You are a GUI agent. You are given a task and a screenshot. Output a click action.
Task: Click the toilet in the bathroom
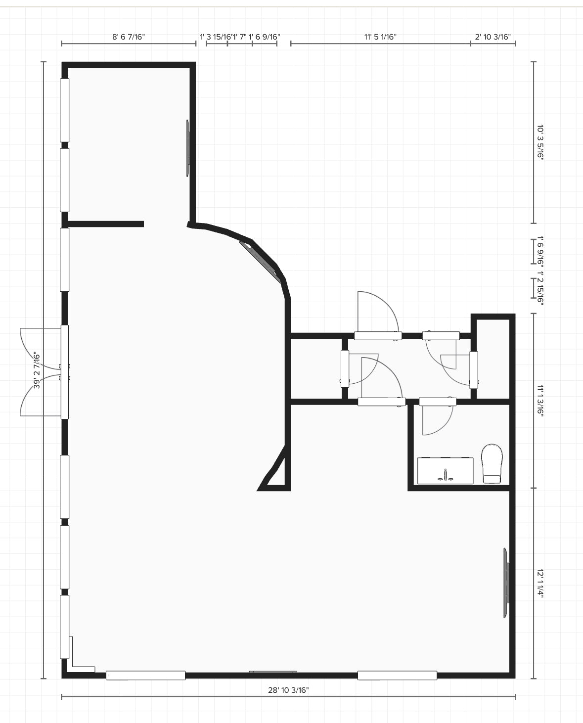tap(492, 464)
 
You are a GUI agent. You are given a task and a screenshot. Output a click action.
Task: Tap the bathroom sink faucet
tap(446, 475)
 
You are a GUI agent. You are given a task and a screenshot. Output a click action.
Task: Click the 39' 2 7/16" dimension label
tap(37, 370)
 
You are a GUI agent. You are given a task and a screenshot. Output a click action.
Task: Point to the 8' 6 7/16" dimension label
tap(129, 37)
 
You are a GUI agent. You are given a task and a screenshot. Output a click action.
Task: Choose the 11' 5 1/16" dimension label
tap(380, 37)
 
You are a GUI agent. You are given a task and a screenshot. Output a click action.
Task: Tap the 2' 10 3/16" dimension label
tap(493, 37)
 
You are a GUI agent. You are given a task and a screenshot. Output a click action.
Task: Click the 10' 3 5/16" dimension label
tap(540, 142)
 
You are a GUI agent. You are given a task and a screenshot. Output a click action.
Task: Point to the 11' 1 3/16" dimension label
tap(540, 401)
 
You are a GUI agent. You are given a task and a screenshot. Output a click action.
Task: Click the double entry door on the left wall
tap(45, 372)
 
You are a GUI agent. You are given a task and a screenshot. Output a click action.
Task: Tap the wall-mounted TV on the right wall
tap(506, 583)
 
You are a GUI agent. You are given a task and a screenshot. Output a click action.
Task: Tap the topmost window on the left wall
tap(64, 110)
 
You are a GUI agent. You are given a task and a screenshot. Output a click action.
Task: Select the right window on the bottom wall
tap(397, 676)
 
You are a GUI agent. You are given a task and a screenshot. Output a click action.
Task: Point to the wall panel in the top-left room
tap(188, 148)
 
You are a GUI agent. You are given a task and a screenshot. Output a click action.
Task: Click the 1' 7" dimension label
tap(240, 37)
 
